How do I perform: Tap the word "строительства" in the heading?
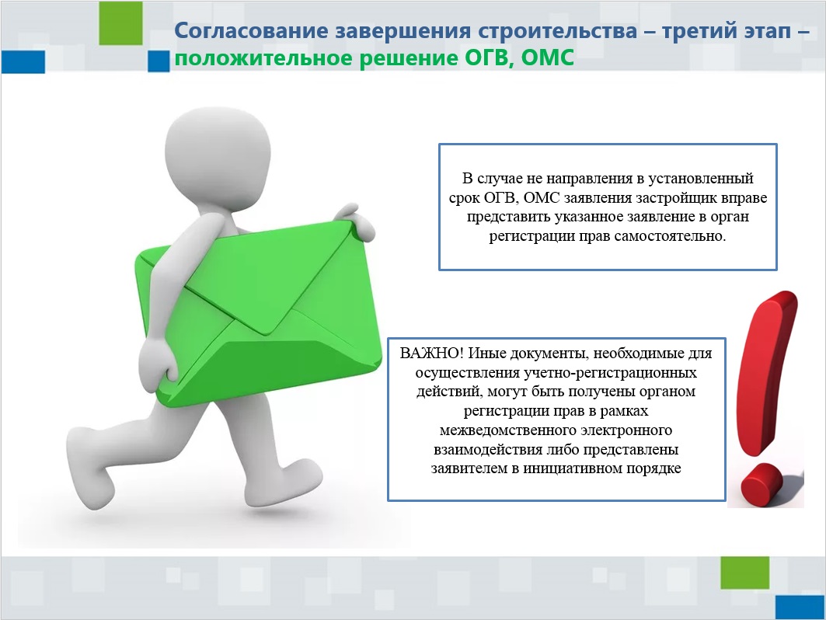click(x=558, y=30)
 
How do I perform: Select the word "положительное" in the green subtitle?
click(x=263, y=58)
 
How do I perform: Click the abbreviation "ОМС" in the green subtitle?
click(x=547, y=57)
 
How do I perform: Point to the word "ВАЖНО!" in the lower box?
click(x=431, y=353)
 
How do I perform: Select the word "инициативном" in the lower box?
click(x=572, y=468)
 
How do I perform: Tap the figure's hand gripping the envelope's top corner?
click(x=355, y=220)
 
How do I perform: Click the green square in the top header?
click(x=120, y=23)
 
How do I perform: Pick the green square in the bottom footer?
click(x=745, y=573)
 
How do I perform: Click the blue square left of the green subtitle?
click(x=158, y=61)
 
